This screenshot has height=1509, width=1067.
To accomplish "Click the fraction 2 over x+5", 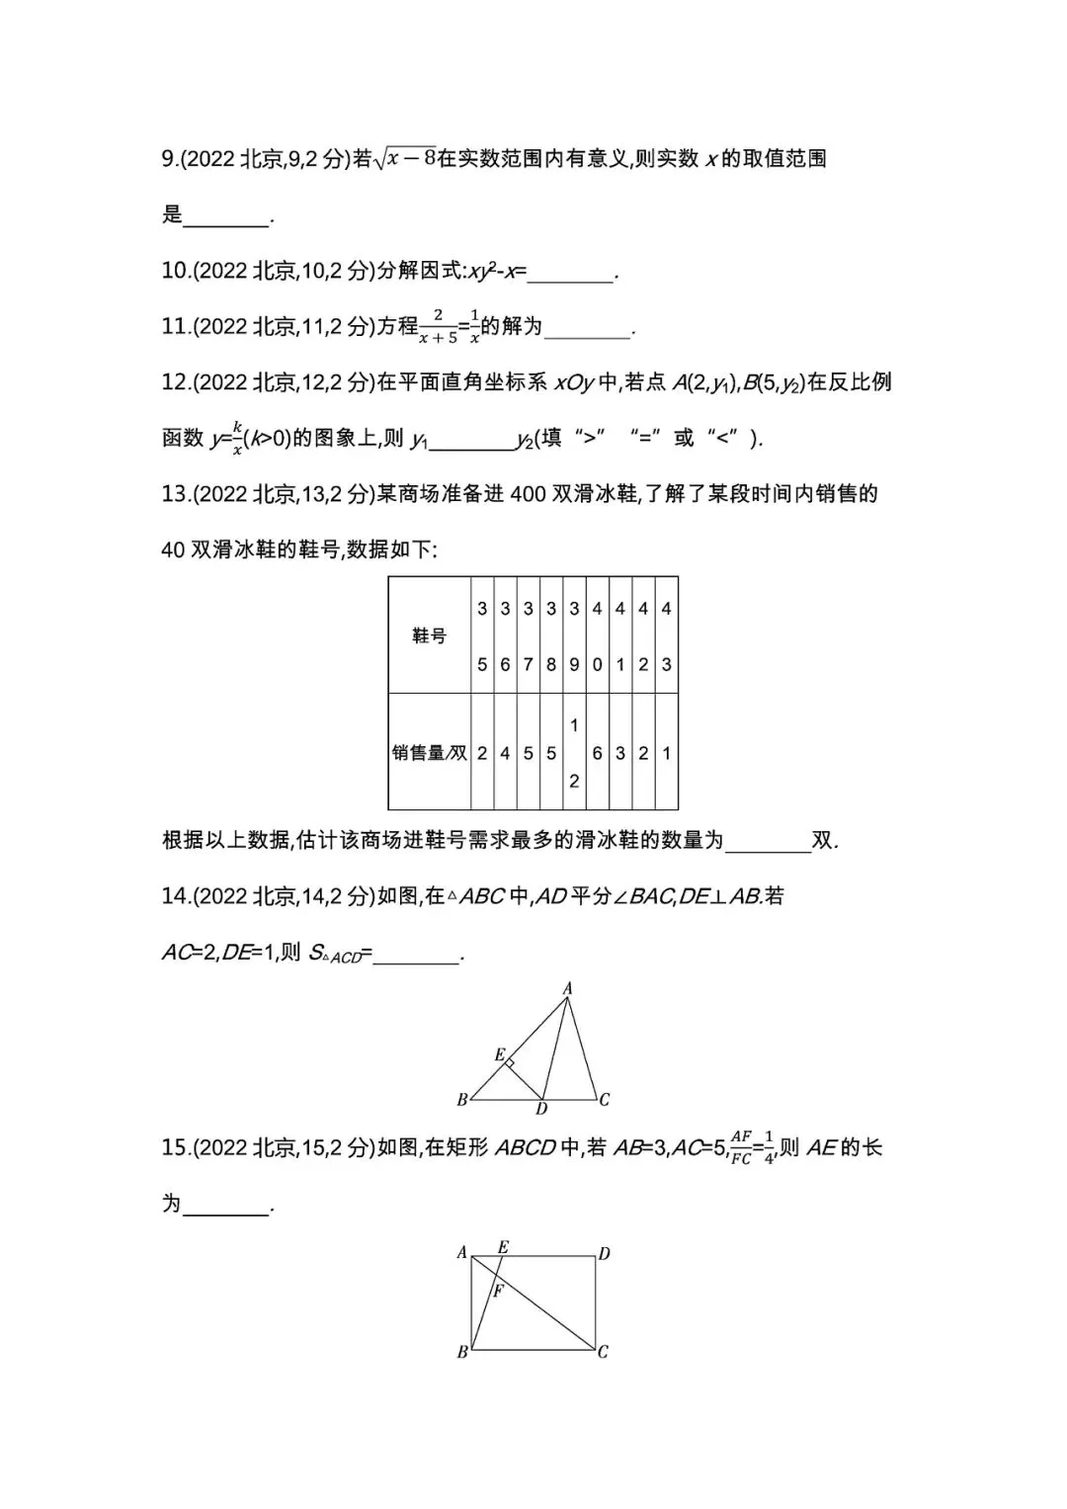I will [x=438, y=327].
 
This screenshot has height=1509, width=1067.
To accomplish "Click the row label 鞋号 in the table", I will [x=429, y=636].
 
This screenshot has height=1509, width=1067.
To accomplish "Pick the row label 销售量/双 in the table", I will [x=429, y=753].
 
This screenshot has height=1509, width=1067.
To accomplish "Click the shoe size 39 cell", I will [x=574, y=636].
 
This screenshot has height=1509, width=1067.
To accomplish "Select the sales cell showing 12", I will [x=574, y=753].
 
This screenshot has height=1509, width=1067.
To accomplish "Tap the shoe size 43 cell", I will [x=666, y=636].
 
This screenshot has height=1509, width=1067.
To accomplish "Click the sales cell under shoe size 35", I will [x=482, y=753].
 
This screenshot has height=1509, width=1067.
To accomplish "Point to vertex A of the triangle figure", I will [x=568, y=988].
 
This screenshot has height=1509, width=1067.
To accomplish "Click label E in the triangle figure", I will [x=499, y=1054].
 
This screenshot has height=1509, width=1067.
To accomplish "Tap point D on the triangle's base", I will [x=541, y=1109].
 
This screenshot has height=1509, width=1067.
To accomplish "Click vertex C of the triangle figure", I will [x=605, y=1100].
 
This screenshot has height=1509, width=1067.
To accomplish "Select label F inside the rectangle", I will [x=498, y=1291].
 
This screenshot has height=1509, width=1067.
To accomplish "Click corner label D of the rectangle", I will [x=605, y=1253].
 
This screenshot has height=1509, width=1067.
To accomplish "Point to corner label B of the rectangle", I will [x=461, y=1352].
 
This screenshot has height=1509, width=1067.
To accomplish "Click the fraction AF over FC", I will [x=741, y=1148].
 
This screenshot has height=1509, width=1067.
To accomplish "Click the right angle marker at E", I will [x=510, y=1062].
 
